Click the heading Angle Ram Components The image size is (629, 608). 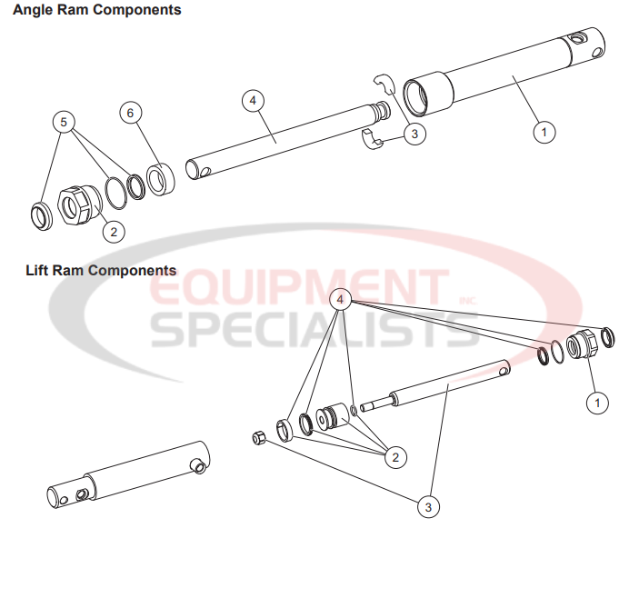[96, 10]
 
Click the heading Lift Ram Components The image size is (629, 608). [101, 270]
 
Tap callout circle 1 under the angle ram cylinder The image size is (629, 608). [544, 132]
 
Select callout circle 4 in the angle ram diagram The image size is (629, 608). [254, 100]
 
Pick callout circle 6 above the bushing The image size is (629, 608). [131, 113]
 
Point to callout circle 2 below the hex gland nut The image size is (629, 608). [113, 231]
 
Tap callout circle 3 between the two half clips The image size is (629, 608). [414, 134]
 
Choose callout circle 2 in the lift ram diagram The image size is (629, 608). [394, 456]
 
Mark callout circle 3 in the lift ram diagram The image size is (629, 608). [427, 505]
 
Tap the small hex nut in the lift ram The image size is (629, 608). [257, 438]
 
